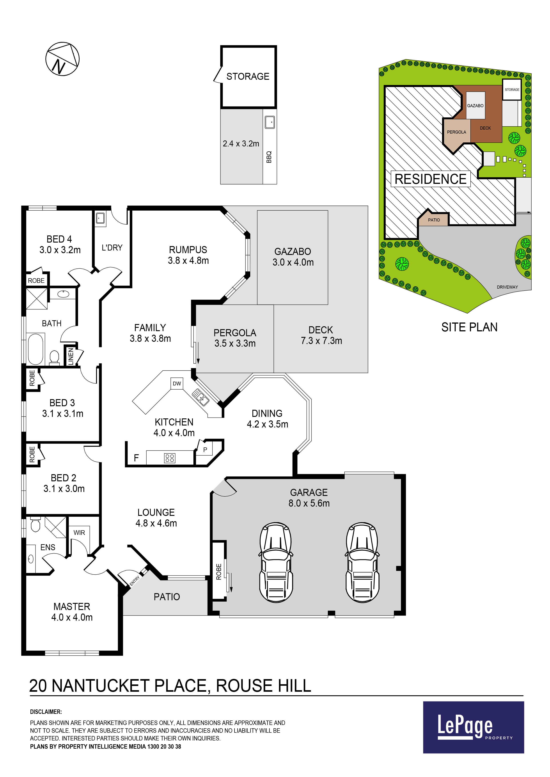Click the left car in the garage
276,562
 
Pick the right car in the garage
362,562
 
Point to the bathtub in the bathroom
35,349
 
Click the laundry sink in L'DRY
100,218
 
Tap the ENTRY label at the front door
135,581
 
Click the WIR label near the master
79,533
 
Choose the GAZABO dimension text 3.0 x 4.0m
293,262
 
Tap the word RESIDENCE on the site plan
430,179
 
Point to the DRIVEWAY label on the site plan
507,287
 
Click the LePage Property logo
473,727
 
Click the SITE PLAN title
469,327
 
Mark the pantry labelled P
205,450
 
